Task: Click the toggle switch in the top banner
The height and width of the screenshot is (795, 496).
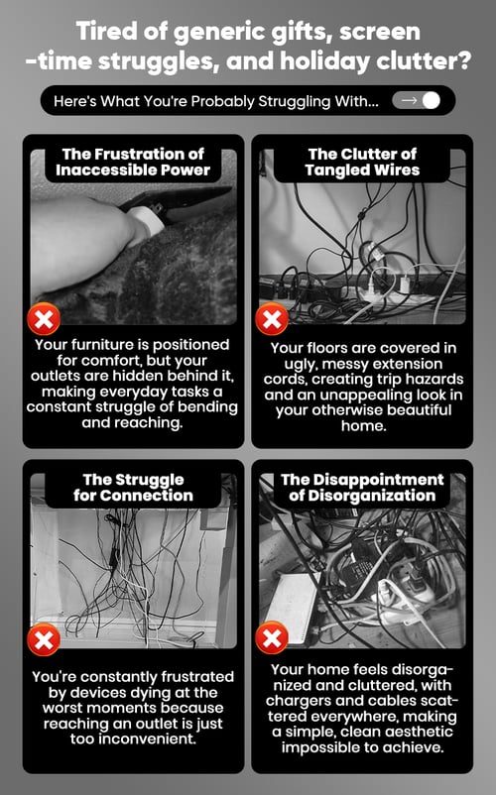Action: coord(417,100)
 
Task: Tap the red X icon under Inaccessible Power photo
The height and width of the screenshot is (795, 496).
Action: coord(44,319)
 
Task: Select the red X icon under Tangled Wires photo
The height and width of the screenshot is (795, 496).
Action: coord(272,319)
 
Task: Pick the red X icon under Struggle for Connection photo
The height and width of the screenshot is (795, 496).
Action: coord(44,638)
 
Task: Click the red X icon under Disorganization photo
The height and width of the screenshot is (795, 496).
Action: coord(272,637)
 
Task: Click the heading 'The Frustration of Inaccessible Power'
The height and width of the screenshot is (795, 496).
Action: coord(133,162)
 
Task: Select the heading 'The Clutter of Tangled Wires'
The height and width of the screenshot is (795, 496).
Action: coord(362,162)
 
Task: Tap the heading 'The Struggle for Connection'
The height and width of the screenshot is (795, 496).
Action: coord(133,488)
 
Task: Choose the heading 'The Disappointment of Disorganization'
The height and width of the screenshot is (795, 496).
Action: coord(362,488)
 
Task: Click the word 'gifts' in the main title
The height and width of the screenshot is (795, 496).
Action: coord(302,33)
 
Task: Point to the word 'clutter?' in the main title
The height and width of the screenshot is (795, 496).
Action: coord(424,60)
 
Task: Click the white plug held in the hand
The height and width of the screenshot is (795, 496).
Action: coord(147,220)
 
